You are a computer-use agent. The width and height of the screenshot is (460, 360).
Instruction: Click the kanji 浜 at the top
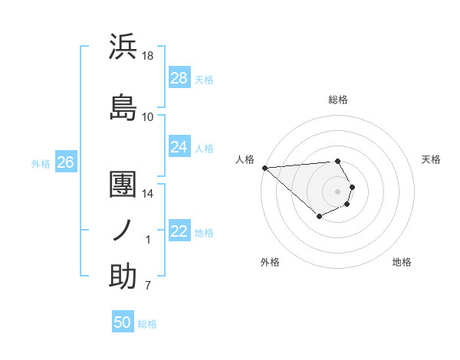(123, 47)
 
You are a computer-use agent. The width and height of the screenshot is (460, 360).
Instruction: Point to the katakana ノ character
(123, 229)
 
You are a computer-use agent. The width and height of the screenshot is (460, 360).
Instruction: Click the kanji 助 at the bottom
(123, 277)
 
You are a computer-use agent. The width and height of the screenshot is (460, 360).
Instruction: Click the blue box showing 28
(179, 78)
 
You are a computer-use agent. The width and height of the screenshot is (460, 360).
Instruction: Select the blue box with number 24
(179, 147)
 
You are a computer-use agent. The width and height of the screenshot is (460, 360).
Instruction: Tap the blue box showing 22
(179, 231)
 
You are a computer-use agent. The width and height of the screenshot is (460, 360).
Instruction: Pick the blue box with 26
(65, 162)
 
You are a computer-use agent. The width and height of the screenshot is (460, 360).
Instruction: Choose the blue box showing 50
(123, 322)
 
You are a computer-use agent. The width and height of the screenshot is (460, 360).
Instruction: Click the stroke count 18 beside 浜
(148, 56)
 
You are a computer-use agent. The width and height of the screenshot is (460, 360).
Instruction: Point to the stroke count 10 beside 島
(148, 116)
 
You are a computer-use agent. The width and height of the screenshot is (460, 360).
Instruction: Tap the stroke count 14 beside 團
(148, 194)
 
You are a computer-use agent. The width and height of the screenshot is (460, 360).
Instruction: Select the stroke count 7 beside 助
(148, 286)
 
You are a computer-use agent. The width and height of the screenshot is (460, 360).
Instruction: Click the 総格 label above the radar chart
(338, 100)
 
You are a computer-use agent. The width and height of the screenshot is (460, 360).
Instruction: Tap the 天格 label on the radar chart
(431, 159)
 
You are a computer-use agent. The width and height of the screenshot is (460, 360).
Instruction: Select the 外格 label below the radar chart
(270, 262)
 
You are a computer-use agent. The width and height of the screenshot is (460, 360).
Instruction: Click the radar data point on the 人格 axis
(264, 167)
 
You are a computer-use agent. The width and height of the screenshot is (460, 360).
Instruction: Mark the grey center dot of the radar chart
(338, 190)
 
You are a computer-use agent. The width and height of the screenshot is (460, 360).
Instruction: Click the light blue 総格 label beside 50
(147, 324)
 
